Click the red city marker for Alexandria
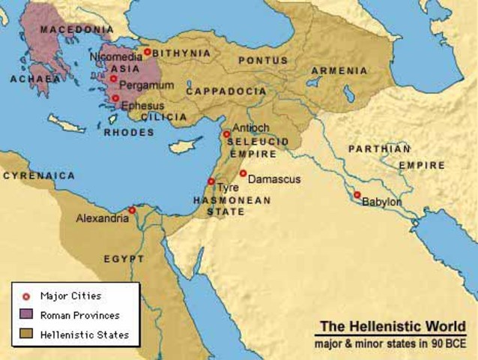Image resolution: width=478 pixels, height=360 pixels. [132, 210]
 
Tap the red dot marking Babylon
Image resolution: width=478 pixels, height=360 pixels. [357, 195]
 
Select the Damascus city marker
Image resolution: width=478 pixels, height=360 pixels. [243, 173]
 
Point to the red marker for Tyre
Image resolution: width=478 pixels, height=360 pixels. [211, 181]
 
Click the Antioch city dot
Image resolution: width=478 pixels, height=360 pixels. [226, 134]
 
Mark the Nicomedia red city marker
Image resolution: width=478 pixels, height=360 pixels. [148, 52]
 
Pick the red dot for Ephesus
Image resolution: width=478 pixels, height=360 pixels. [115, 97]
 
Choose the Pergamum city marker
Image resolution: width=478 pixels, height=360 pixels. [113, 78]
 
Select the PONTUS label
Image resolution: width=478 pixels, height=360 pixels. [262, 60]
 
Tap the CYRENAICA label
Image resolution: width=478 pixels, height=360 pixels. [39, 175]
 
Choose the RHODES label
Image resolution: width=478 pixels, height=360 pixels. [130, 133]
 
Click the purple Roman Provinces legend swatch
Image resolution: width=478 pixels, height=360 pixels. [27, 315]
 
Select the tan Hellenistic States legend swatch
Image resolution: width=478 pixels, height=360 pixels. [27, 334]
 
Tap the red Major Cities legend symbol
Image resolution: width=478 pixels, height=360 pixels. [27, 295]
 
